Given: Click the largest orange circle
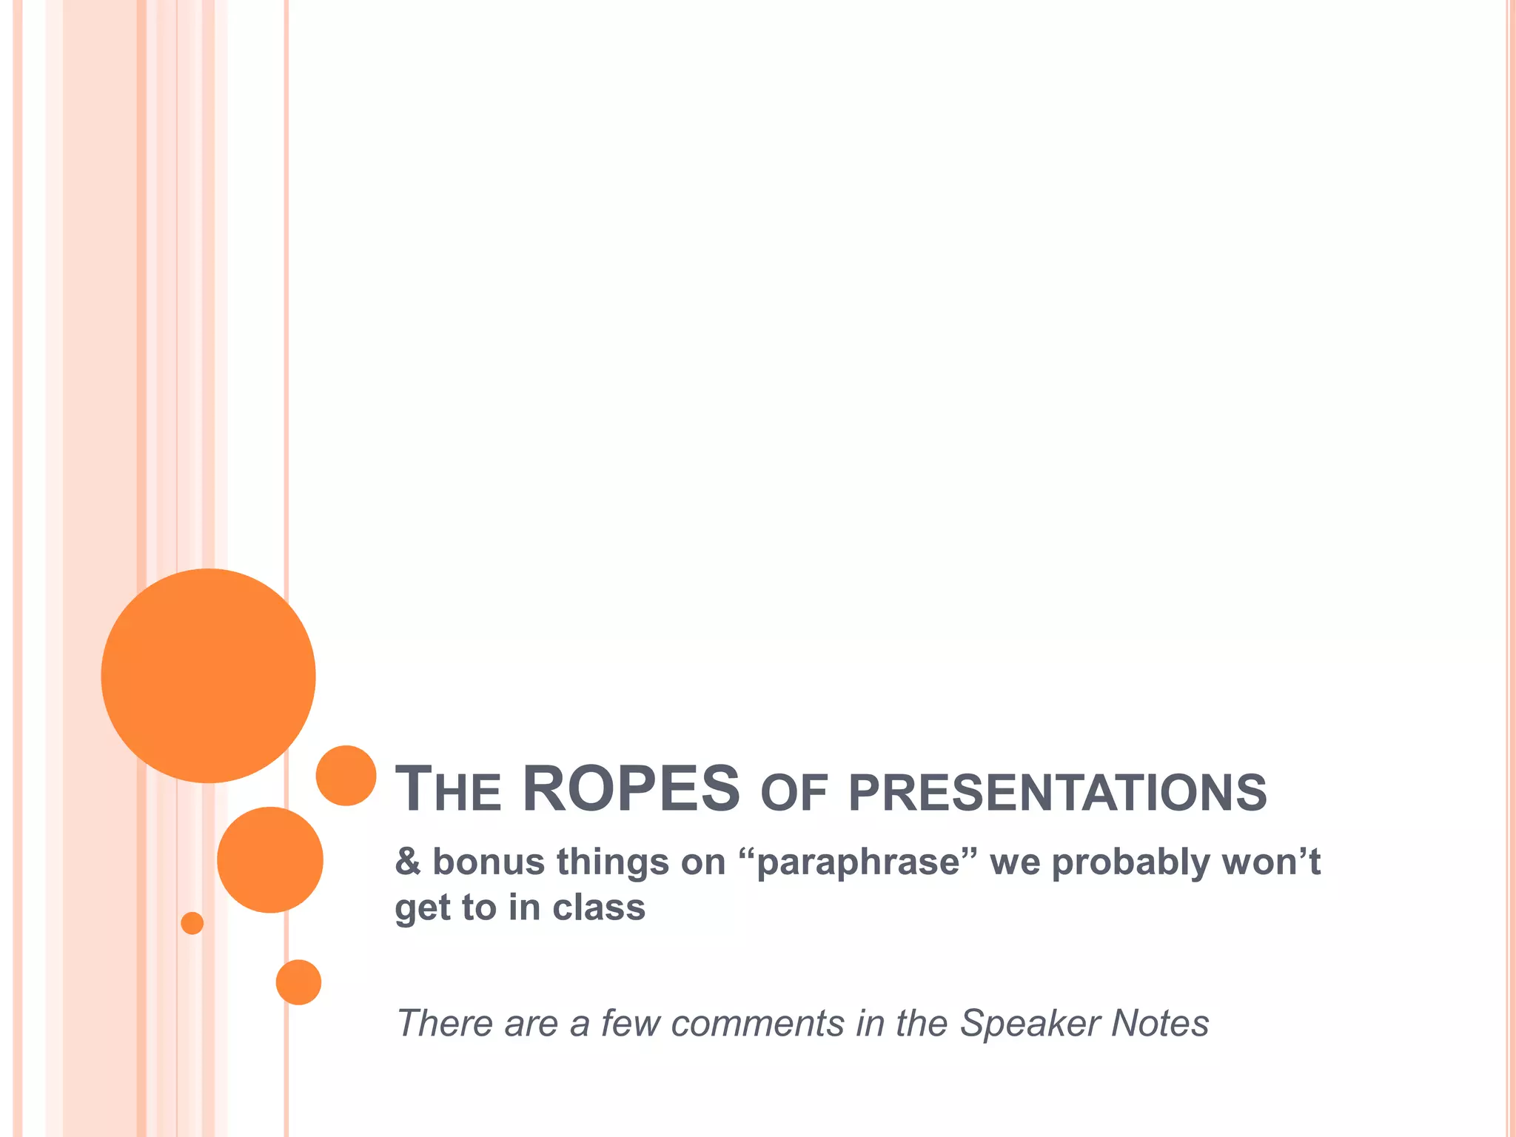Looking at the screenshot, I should [x=208, y=675].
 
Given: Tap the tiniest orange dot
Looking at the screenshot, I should [x=192, y=923].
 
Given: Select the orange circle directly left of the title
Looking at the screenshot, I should [x=346, y=775].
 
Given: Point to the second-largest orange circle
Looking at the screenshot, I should [x=270, y=859].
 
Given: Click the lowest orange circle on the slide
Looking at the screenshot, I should [x=298, y=982].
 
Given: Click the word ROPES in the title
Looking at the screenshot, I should [x=631, y=789].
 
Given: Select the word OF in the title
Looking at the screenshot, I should [x=794, y=793].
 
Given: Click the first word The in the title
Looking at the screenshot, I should [x=448, y=791].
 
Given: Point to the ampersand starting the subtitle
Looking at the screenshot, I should [x=407, y=862].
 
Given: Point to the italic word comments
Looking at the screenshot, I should [x=757, y=1024].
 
